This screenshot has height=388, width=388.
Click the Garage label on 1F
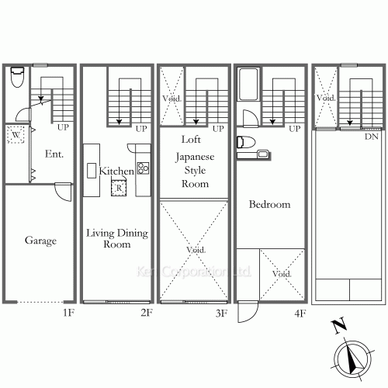[x=40, y=241]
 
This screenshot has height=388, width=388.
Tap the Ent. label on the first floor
[x=54, y=154]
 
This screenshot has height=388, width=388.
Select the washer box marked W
[x=16, y=134]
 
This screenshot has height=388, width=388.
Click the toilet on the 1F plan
[x=18, y=77]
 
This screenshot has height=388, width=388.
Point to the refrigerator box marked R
[x=119, y=188]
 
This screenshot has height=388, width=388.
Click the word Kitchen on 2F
[x=116, y=171]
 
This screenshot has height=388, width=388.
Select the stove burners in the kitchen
[x=143, y=168]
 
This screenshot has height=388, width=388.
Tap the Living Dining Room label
[x=117, y=238]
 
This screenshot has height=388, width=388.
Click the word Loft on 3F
[x=191, y=140]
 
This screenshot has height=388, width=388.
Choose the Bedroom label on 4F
[x=269, y=204]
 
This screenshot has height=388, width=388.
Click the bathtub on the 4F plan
[x=248, y=84]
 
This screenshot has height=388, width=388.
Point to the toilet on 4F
[x=246, y=143]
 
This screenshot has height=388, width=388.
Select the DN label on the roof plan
[x=372, y=137]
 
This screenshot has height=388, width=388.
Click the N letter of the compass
[x=339, y=327]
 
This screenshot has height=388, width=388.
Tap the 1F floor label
[x=69, y=313]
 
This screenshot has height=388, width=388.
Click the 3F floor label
[x=221, y=314]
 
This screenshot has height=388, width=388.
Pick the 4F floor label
[x=300, y=314]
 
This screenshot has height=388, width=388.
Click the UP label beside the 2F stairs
[x=141, y=129]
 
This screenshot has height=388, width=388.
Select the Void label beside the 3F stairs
[x=171, y=99]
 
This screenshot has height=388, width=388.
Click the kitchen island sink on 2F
[x=92, y=171]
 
